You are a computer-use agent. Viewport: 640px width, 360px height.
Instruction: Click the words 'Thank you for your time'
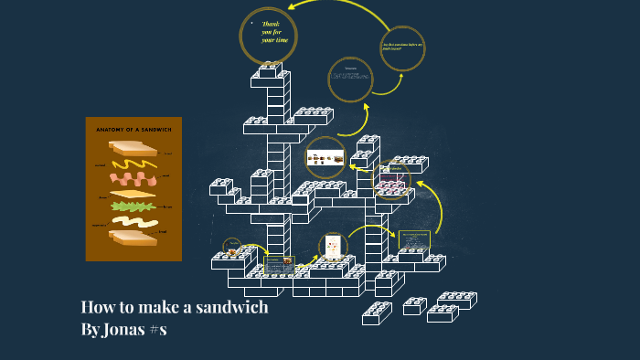pyautogui.click(x=272, y=32)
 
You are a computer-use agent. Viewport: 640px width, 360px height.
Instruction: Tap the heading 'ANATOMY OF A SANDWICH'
pyautogui.click(x=133, y=130)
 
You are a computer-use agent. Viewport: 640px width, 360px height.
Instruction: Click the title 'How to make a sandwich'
pyautogui.click(x=175, y=307)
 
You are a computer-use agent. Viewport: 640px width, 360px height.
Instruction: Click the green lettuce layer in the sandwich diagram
pyautogui.click(x=133, y=206)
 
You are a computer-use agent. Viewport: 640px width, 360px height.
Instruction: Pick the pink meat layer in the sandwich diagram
pyautogui.click(x=133, y=178)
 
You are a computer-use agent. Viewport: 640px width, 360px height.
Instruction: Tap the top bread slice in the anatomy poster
pyautogui.click(x=133, y=146)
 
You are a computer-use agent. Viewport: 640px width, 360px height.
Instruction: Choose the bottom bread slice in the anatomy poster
pyautogui.click(x=133, y=238)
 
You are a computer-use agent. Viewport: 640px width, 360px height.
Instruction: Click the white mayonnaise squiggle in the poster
pyautogui.click(x=134, y=222)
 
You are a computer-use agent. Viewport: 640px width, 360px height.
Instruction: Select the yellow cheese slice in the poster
pyautogui.click(x=133, y=194)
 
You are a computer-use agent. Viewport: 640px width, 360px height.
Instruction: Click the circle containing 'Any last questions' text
pyautogui.click(x=402, y=48)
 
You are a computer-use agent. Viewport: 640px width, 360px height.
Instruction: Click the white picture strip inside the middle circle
pyautogui.click(x=325, y=157)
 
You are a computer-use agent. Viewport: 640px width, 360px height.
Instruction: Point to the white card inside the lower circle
pyautogui.click(x=333, y=246)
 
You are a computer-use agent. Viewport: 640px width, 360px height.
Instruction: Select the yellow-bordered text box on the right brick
pyautogui.click(x=413, y=240)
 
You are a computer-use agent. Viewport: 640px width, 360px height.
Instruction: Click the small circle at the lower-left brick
pyautogui.click(x=232, y=247)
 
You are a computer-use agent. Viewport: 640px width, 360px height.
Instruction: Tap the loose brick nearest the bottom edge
pyautogui.click(x=376, y=314)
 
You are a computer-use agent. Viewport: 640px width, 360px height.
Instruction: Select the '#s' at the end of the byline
pyautogui.click(x=157, y=329)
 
